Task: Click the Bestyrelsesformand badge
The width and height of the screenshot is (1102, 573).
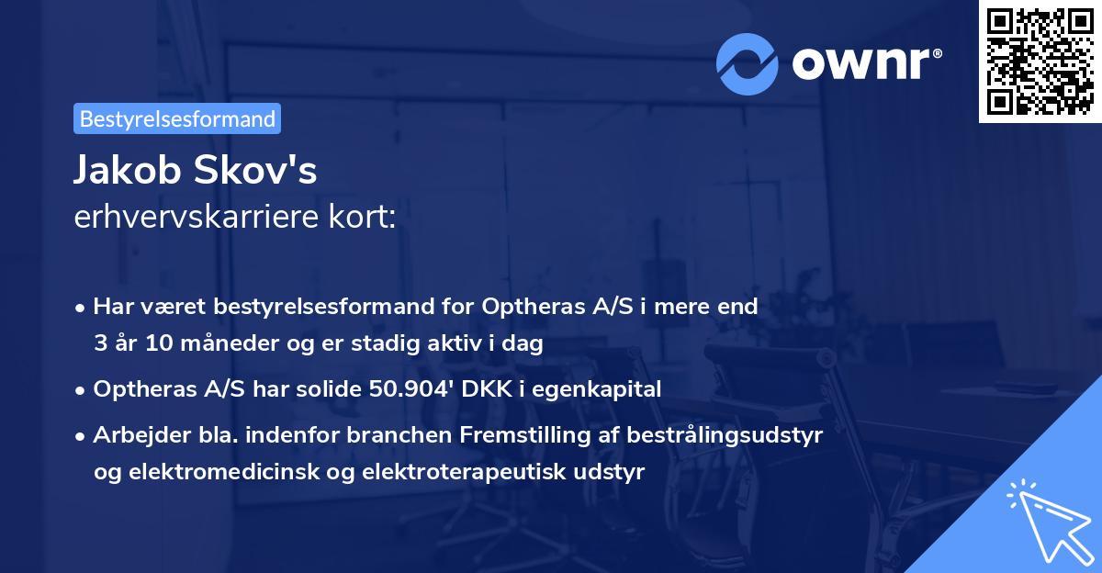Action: pyautogui.click(x=177, y=118)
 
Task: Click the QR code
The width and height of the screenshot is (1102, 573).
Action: pyautogui.click(x=1040, y=61)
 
